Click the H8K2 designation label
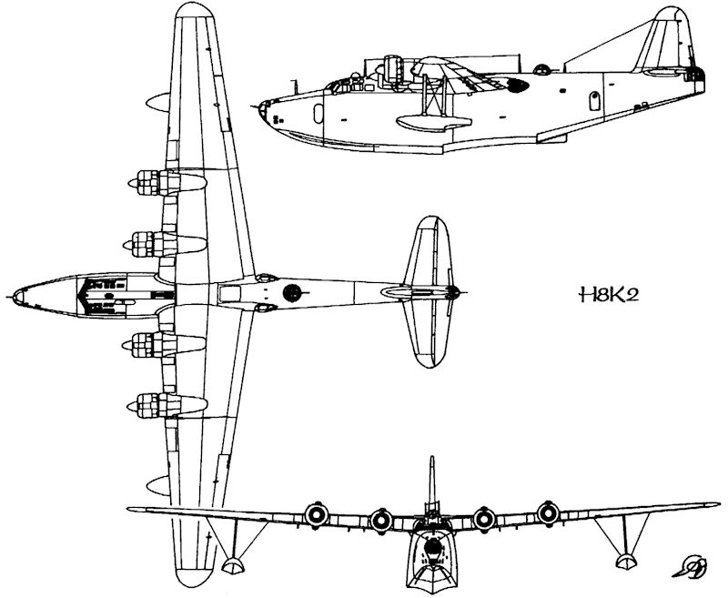click(602, 295)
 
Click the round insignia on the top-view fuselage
click(292, 292)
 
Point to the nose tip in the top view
click(11, 297)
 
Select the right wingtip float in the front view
click(625, 552)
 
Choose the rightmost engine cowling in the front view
click(546, 513)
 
